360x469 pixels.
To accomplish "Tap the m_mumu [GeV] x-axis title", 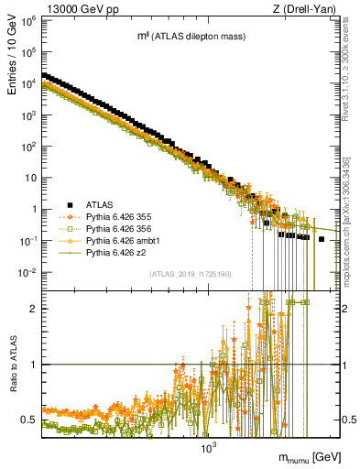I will coord(312,455).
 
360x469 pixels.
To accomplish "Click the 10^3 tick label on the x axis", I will coord(208,449).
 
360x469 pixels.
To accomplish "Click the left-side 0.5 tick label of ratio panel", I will coord(29,420).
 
